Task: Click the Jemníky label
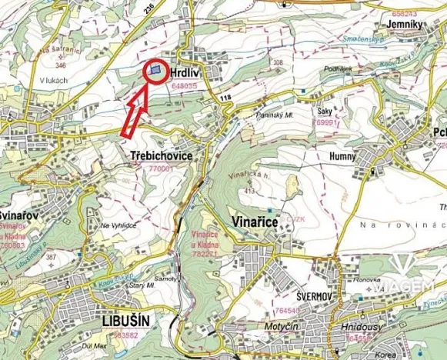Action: (x=407, y=24)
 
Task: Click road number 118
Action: (x=225, y=97)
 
